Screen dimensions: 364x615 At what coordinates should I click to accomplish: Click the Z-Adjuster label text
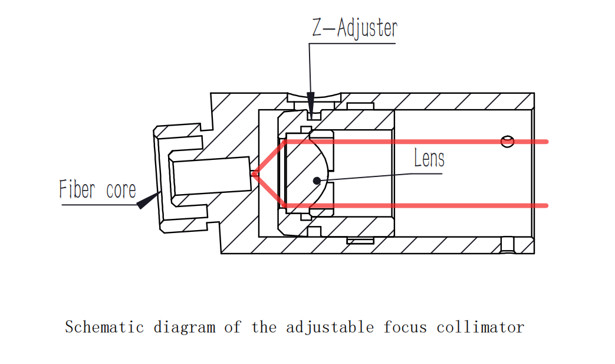pyautogui.click(x=354, y=28)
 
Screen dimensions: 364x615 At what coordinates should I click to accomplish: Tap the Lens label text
pyautogui.click(x=429, y=158)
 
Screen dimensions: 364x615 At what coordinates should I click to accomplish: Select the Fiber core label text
pyautogui.click(x=97, y=189)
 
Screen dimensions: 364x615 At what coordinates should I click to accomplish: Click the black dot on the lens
pyautogui.click(x=317, y=180)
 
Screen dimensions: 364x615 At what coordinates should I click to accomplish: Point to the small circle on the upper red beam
pyautogui.click(x=507, y=141)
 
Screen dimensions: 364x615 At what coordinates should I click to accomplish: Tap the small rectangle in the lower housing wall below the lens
pyautogui.click(x=360, y=240)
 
